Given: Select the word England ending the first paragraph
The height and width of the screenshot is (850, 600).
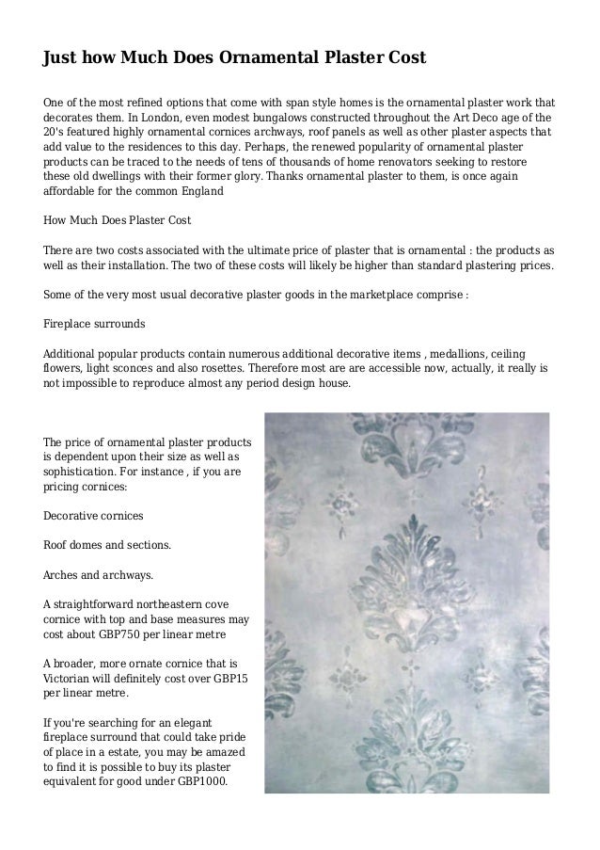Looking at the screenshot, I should coord(199,190).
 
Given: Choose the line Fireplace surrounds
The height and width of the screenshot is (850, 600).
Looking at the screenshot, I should coord(94,323).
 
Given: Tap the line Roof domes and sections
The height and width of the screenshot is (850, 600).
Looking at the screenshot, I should coord(107,545).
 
